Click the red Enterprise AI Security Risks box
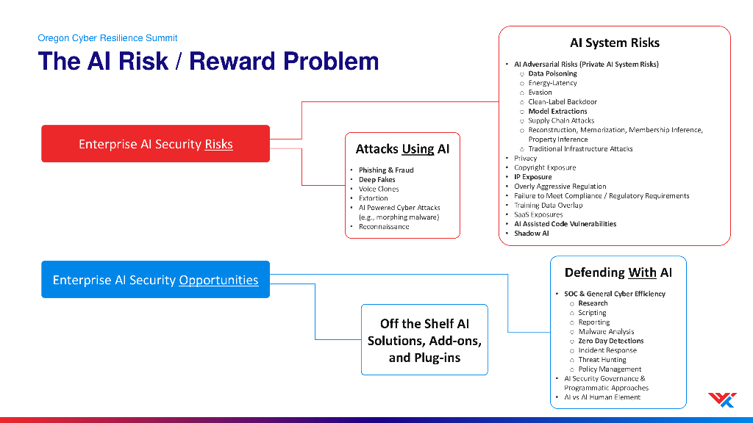click(x=156, y=144)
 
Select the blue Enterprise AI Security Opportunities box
click(x=156, y=280)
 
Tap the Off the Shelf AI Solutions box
click(x=424, y=339)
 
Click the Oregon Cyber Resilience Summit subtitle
click(x=107, y=38)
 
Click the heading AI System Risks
click(x=615, y=43)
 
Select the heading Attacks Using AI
click(x=402, y=148)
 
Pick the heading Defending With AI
click(x=618, y=272)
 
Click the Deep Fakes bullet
click(x=377, y=179)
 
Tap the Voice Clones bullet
click(x=379, y=189)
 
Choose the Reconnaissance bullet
click(x=384, y=226)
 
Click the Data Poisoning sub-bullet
click(x=552, y=73)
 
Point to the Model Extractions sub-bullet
click(x=557, y=112)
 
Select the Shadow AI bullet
click(x=531, y=233)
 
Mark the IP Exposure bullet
click(x=532, y=177)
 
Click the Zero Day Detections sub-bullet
click(x=611, y=341)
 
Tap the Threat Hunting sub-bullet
click(x=602, y=360)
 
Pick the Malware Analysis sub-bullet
click(x=606, y=331)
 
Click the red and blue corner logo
click(x=722, y=399)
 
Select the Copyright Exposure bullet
click(x=545, y=167)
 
